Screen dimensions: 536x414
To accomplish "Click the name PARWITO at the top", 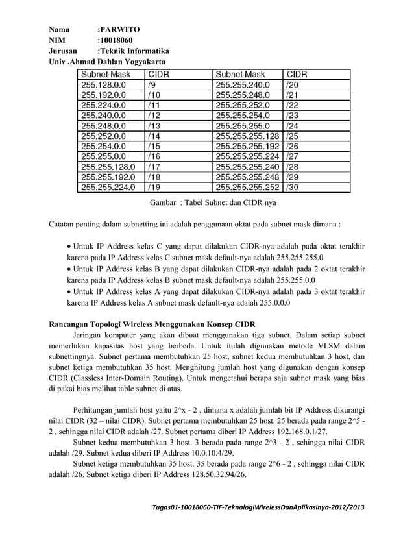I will coord(117,30).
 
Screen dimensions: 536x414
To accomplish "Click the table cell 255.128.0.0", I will coord(104,84).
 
